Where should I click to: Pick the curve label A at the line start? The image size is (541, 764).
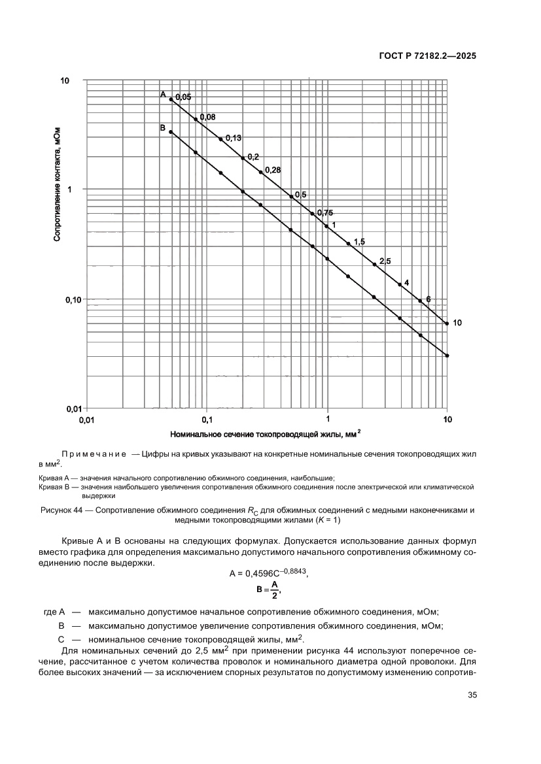163,95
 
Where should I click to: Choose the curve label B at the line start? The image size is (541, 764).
163,128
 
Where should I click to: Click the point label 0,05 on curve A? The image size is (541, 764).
183,97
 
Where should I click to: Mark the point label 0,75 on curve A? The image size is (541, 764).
325,212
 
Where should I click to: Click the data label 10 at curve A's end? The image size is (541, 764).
457,323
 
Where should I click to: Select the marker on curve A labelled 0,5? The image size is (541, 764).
291,197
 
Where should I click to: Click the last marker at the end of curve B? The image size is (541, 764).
447,356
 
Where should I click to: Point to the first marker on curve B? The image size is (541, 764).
171,132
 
